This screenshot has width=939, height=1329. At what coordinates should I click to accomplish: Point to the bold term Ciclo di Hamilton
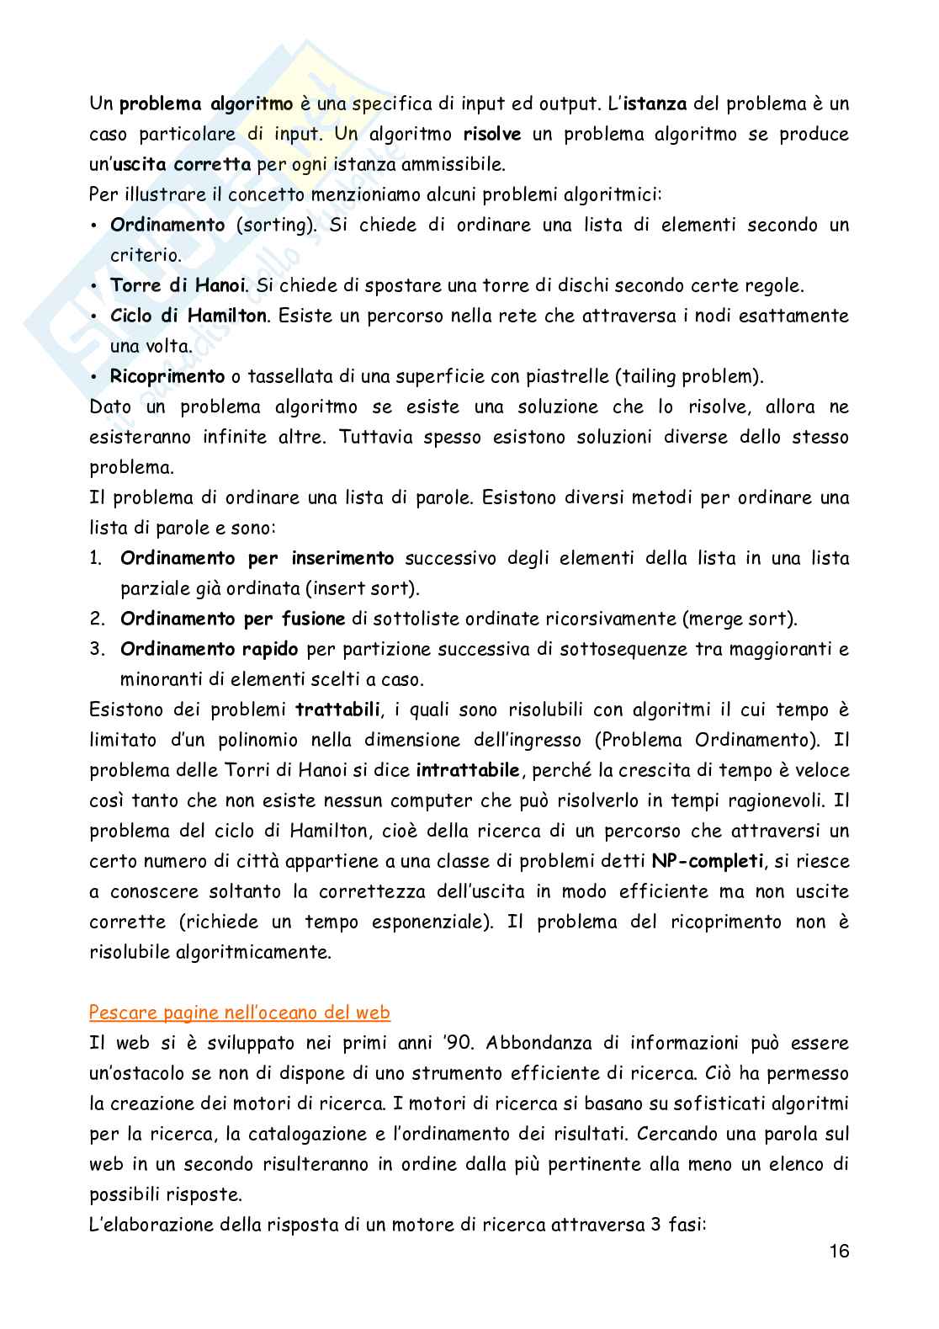(189, 316)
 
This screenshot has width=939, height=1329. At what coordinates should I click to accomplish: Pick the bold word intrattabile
(469, 770)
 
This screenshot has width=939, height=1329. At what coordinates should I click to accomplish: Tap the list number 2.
(97, 619)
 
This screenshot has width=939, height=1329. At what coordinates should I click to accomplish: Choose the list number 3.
(97, 649)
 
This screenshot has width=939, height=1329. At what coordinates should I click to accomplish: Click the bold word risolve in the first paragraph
(492, 134)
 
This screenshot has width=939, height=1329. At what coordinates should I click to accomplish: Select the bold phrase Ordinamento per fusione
(233, 619)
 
